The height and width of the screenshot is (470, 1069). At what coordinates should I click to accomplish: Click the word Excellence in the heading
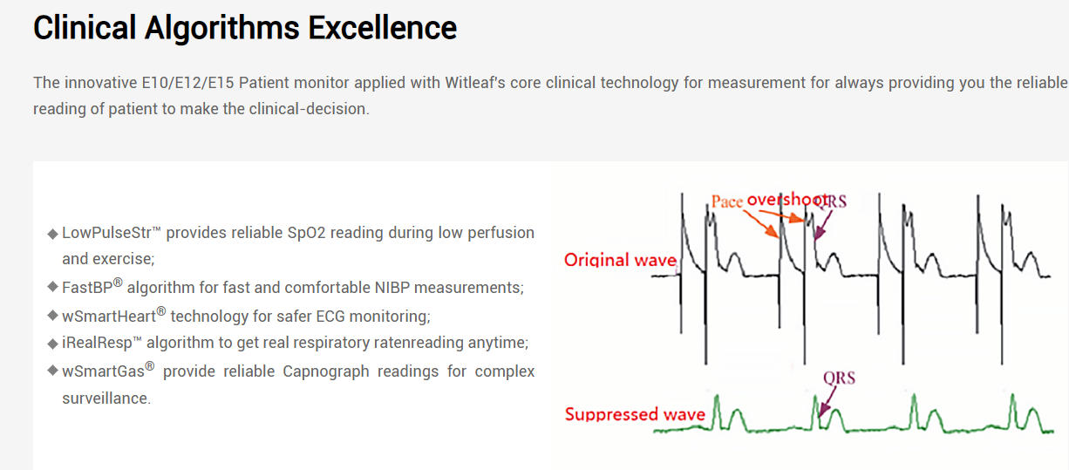382,27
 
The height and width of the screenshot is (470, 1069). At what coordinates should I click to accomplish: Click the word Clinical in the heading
85,27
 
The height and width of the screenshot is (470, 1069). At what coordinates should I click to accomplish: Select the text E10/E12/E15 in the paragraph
187,83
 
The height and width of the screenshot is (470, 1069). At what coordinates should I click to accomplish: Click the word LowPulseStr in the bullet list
106,232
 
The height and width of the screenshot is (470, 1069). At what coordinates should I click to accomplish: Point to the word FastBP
87,287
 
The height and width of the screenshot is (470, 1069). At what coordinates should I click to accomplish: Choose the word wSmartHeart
109,316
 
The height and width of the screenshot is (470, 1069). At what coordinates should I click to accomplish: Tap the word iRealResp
97,343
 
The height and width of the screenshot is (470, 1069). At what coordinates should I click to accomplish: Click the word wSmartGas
103,371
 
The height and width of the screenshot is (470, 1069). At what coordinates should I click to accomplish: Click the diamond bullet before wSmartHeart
52,315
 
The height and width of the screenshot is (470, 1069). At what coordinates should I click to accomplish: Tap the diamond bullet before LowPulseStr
52,234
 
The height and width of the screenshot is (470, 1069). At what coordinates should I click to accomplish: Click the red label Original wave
620,260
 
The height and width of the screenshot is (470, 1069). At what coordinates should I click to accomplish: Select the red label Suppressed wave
635,414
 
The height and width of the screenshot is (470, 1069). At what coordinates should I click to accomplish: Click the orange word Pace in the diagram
727,201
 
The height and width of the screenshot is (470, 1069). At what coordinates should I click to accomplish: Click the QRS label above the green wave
839,378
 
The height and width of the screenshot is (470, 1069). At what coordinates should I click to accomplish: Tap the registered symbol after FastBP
118,282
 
